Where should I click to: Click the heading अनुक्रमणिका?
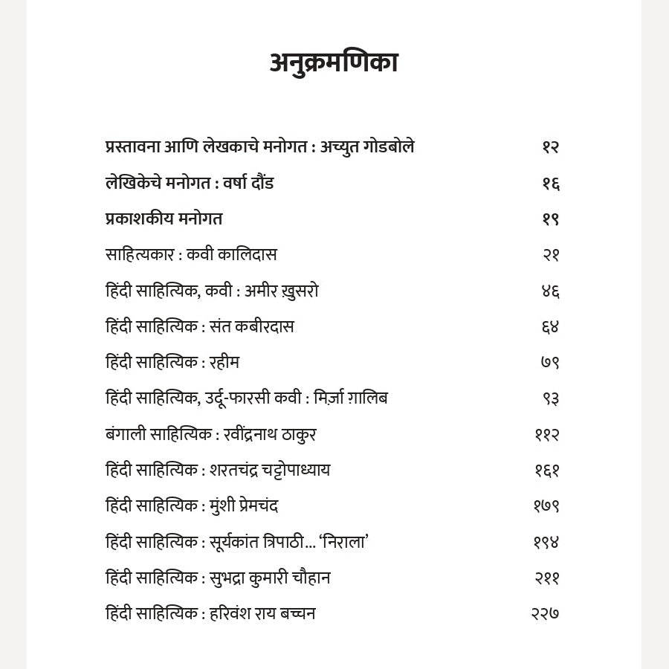pyautogui.click(x=334, y=62)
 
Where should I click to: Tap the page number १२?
pyautogui.click(x=550, y=147)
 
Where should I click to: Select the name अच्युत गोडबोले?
pyautogui.click(x=367, y=147)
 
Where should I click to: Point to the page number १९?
pyautogui.click(x=550, y=219)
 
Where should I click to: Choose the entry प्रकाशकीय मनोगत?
pyautogui.click(x=164, y=219)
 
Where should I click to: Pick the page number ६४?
pyautogui.click(x=550, y=327)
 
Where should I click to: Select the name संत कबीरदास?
pyautogui.click(x=253, y=327)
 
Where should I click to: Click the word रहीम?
pyautogui.click(x=224, y=363)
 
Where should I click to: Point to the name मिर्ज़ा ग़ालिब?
pyautogui.click(x=351, y=398)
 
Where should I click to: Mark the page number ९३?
pyautogui.click(x=551, y=398)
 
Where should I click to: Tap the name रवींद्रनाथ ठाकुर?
pyautogui.click(x=270, y=435)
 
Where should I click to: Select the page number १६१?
pyautogui.click(x=547, y=471)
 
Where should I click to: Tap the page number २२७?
pyautogui.click(x=545, y=614)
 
